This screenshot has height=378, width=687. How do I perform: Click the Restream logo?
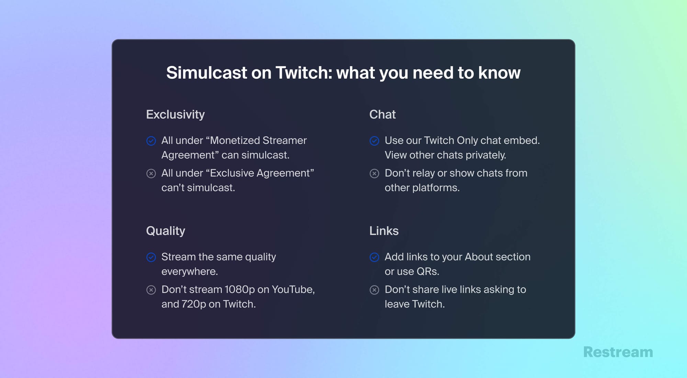[618, 352]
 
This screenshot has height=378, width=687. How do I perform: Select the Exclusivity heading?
[175, 114]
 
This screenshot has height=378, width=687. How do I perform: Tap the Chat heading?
[382, 114]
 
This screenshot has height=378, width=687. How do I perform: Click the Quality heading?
[166, 231]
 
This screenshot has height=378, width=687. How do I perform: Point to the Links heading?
[384, 231]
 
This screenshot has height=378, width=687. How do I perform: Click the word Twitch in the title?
[304, 73]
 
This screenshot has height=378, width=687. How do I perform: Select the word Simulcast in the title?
[207, 73]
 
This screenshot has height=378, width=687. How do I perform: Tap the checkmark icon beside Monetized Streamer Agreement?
[151, 141]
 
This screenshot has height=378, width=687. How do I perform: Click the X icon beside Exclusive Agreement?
[151, 174]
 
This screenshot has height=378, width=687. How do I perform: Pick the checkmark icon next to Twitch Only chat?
[374, 141]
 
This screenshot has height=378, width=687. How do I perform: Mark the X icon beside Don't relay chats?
[374, 174]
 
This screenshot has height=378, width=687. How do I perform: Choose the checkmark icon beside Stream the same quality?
[151, 257]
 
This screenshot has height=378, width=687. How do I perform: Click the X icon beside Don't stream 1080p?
[151, 290]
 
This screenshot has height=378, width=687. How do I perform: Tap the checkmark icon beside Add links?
[374, 257]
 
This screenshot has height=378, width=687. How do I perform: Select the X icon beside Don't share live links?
[374, 290]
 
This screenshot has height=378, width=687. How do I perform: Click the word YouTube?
[293, 290]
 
